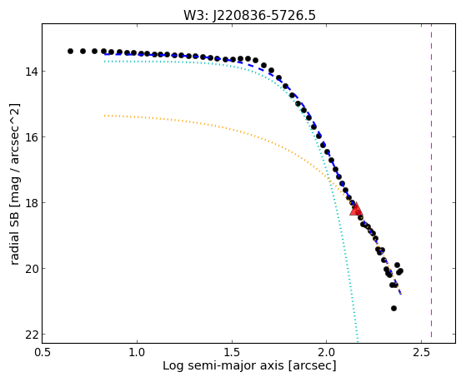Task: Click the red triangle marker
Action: pos(356,209)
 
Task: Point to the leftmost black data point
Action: pos(70,51)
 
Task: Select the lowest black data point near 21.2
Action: pos(393,309)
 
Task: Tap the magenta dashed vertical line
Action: pos(431,181)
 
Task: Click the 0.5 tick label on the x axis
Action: pos(43,352)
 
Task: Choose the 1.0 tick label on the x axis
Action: pos(137,352)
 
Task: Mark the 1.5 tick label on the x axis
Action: pos(232,352)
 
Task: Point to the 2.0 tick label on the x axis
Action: pos(326,352)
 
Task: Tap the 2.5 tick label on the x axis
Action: pos(421,352)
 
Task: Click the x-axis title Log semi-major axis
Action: pos(223,366)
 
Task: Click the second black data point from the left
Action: pos(83,51)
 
